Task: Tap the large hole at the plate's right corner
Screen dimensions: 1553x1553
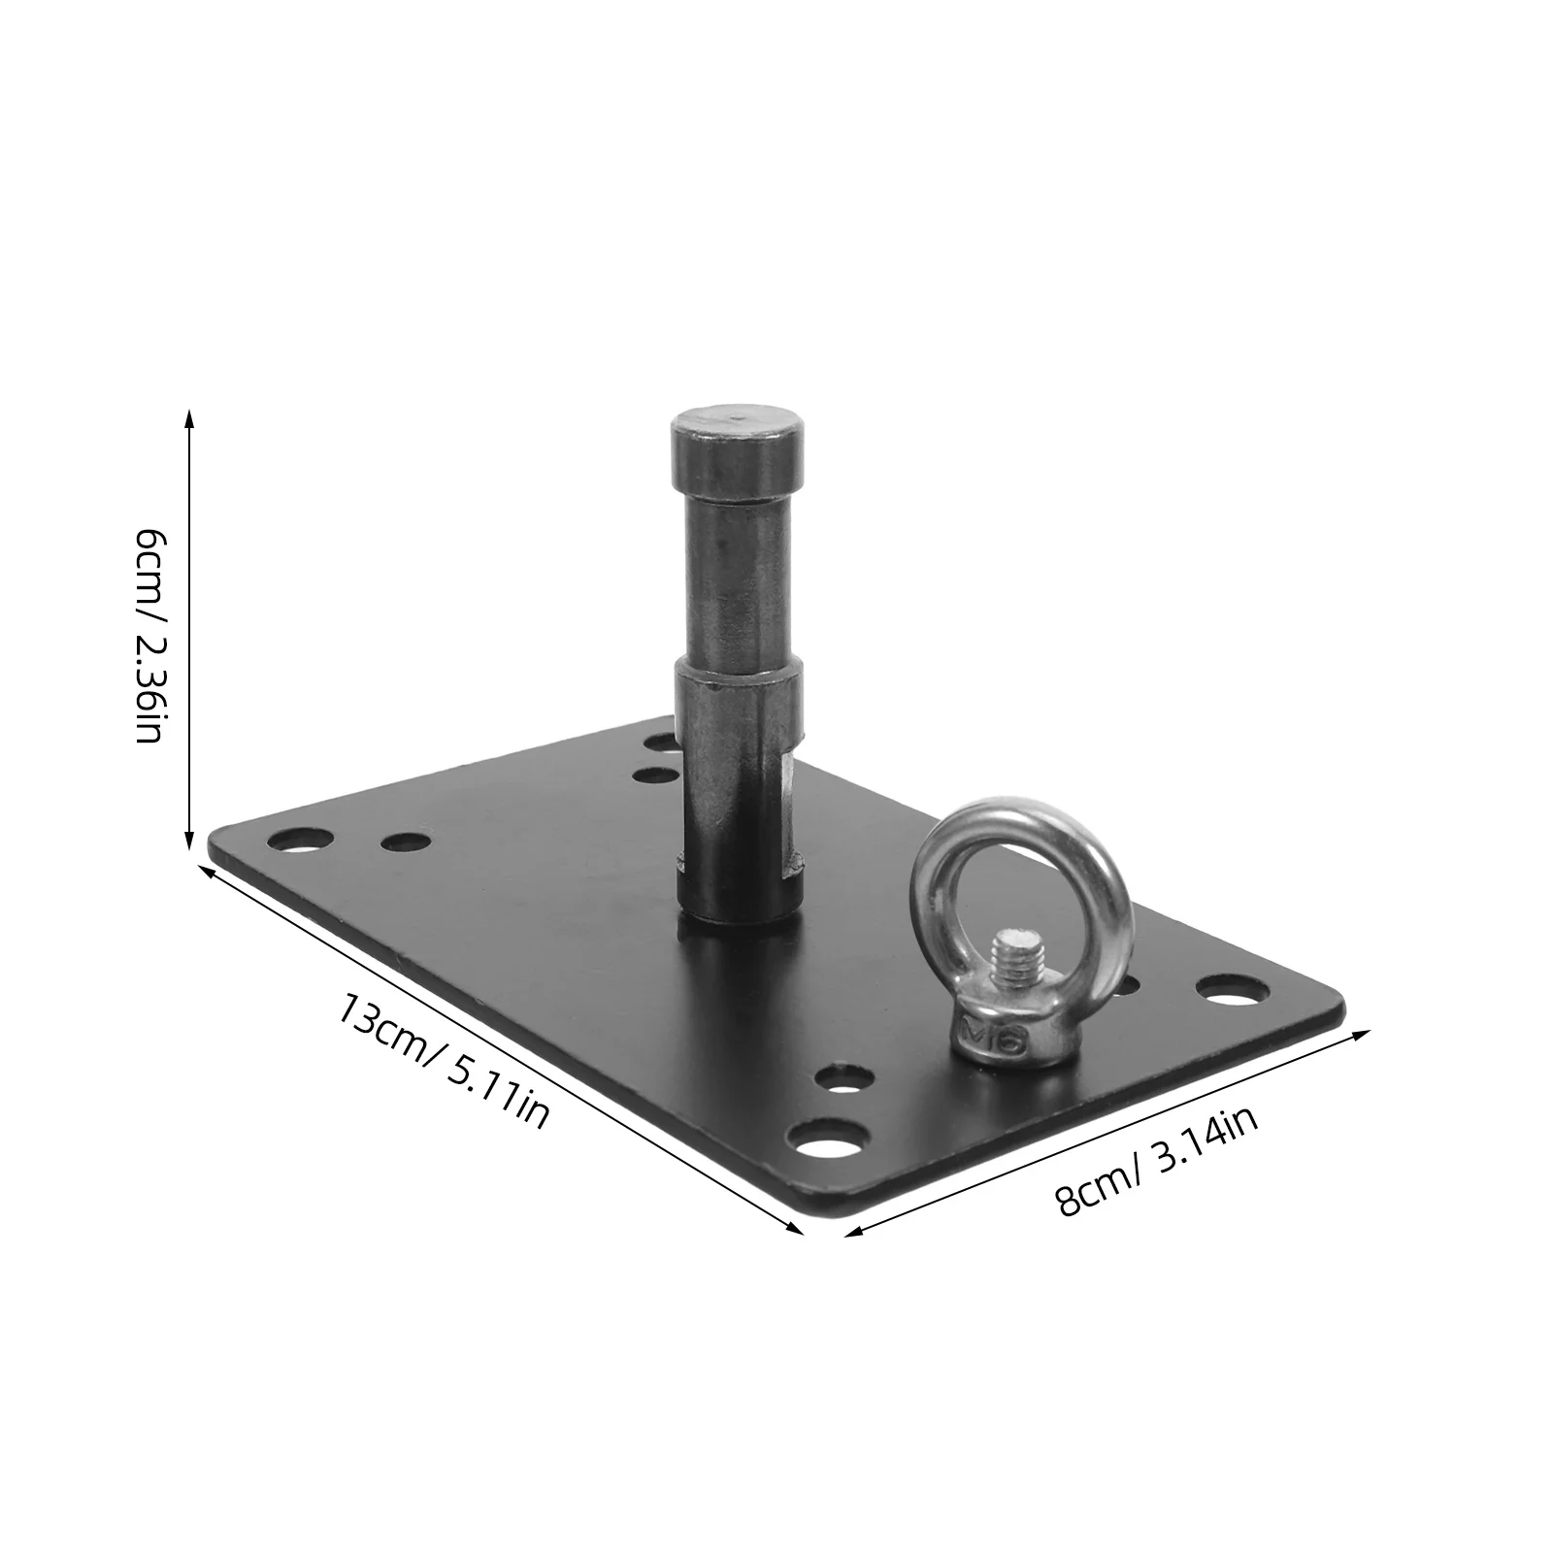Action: [x=1233, y=991]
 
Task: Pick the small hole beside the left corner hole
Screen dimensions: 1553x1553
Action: [x=406, y=841]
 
